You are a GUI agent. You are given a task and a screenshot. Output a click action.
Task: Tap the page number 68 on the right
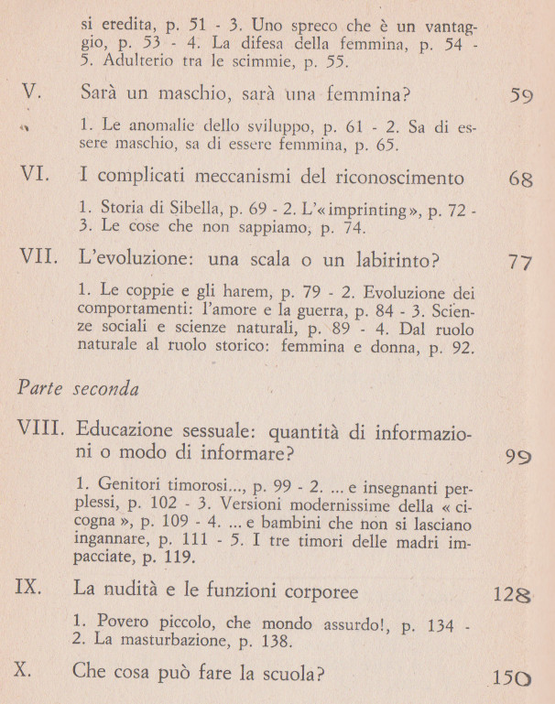click(519, 179)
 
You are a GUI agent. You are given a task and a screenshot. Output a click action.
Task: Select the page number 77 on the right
click(519, 264)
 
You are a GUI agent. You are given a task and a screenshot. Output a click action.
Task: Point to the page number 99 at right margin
click(517, 457)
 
